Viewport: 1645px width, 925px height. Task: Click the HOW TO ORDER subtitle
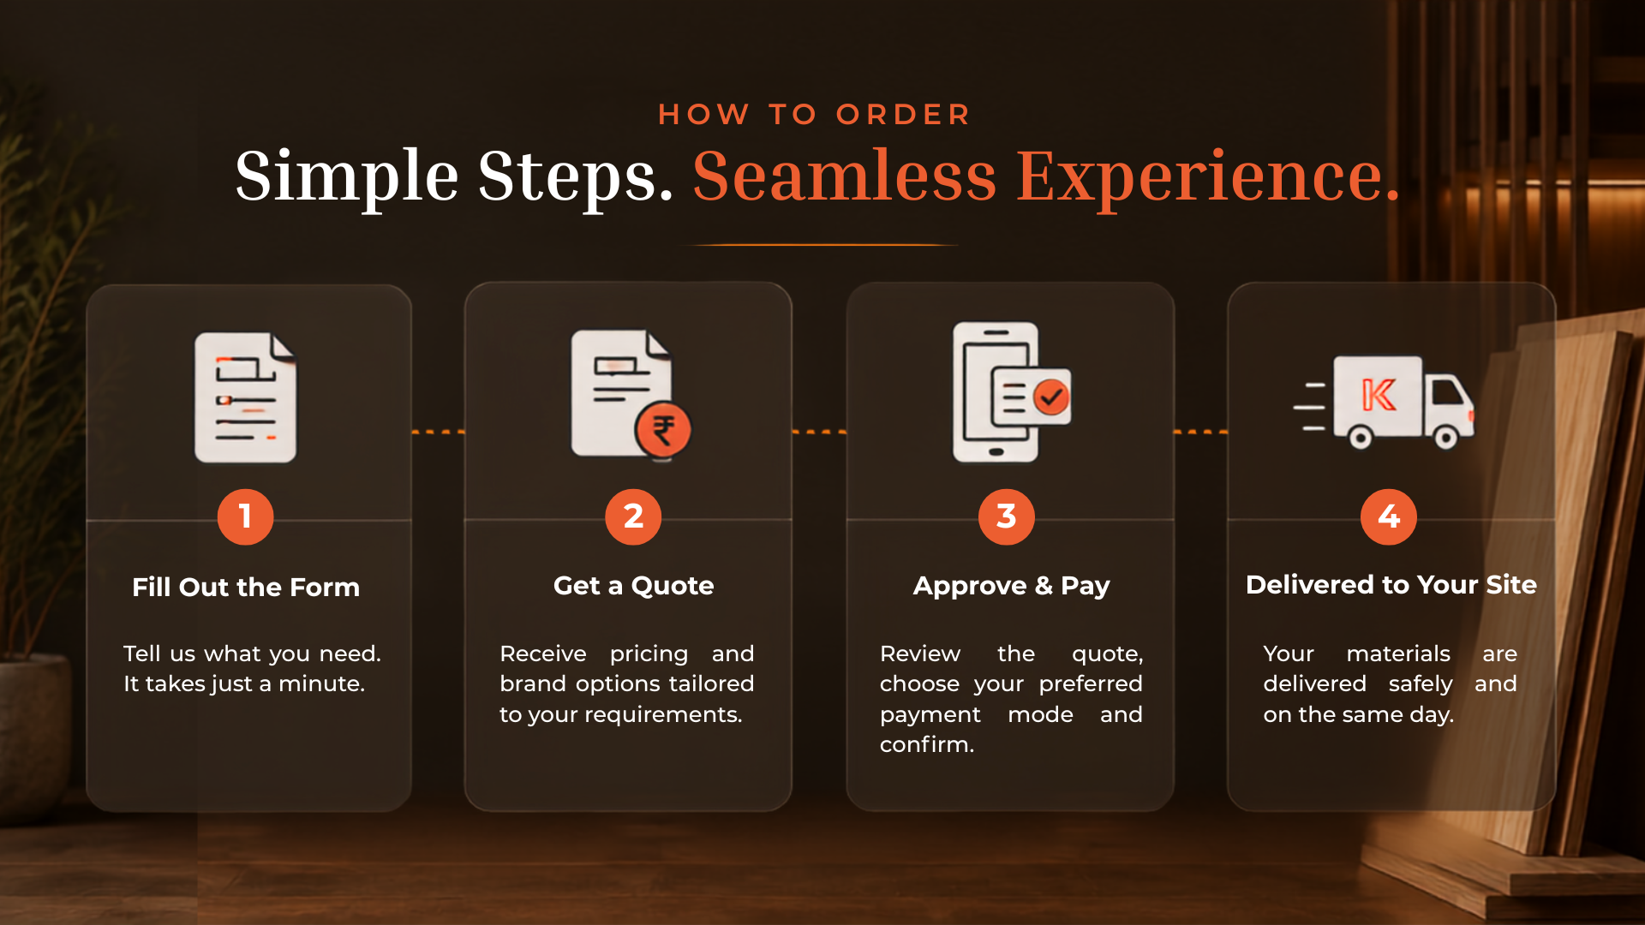point(814,115)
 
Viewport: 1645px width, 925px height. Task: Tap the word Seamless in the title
point(845,176)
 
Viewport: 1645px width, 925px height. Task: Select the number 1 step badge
point(245,516)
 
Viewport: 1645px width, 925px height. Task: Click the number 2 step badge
point(633,516)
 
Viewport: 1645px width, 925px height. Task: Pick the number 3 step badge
point(1007,516)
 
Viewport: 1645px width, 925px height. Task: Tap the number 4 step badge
point(1389,516)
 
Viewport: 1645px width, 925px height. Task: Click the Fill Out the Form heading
point(246,588)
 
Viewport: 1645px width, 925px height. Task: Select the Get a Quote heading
point(633,586)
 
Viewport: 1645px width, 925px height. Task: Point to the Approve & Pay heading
point(1011,586)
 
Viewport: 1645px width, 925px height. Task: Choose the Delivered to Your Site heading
point(1391,585)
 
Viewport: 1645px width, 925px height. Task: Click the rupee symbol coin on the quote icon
point(663,430)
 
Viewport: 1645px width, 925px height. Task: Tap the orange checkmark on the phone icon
point(1050,397)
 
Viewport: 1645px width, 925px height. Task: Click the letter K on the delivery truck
point(1379,395)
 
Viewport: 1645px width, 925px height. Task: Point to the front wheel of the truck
point(1446,439)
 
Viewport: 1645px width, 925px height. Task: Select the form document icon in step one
point(246,397)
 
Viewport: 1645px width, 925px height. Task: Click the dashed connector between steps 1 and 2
point(439,432)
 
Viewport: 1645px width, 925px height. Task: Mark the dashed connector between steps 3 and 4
point(1200,432)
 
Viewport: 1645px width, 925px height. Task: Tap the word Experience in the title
point(1208,178)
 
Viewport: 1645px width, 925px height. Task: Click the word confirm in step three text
point(927,744)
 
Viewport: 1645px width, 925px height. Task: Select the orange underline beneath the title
point(820,245)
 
